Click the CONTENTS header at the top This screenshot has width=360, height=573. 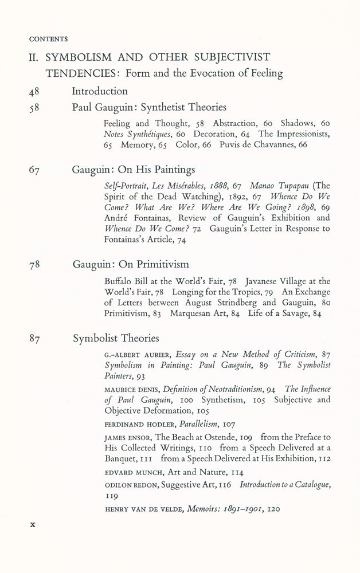(x=48, y=39)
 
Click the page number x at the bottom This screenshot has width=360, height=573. (x=33, y=523)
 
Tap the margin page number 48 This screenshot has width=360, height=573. (x=35, y=91)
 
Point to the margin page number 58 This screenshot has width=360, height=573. (x=35, y=107)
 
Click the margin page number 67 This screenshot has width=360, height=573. (x=35, y=170)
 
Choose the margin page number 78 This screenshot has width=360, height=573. (x=35, y=265)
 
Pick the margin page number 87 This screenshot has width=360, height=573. (x=36, y=339)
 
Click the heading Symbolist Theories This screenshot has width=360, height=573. (x=116, y=338)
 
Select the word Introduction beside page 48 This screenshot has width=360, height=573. (x=100, y=91)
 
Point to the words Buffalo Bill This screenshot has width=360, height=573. (x=128, y=281)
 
